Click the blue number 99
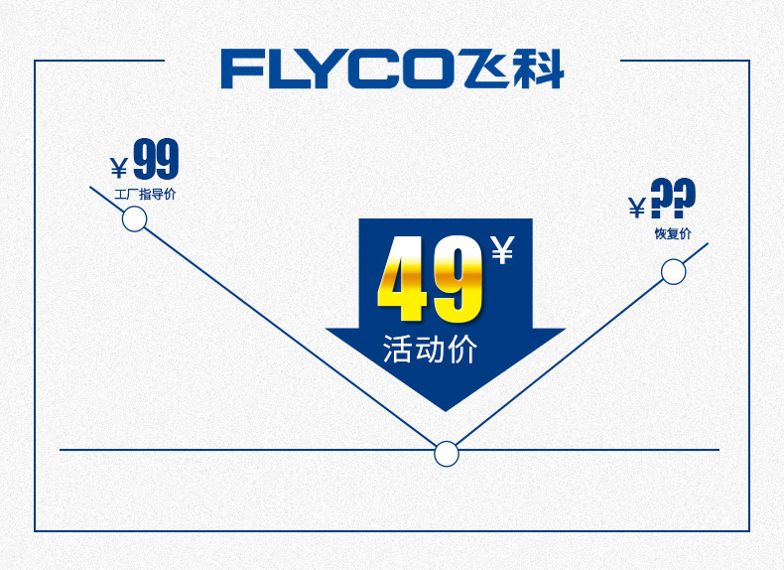(x=156, y=161)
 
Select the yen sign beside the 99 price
(x=119, y=167)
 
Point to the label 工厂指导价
(x=145, y=194)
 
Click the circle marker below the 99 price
(x=134, y=218)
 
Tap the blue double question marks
(x=673, y=199)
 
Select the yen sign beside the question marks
(x=637, y=207)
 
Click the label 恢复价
(x=673, y=233)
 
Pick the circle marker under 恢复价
(x=673, y=271)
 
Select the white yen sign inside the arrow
(x=503, y=249)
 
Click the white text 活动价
(x=431, y=350)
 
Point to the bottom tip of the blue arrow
(x=446, y=408)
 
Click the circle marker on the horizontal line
(x=447, y=454)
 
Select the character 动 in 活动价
(x=431, y=350)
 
